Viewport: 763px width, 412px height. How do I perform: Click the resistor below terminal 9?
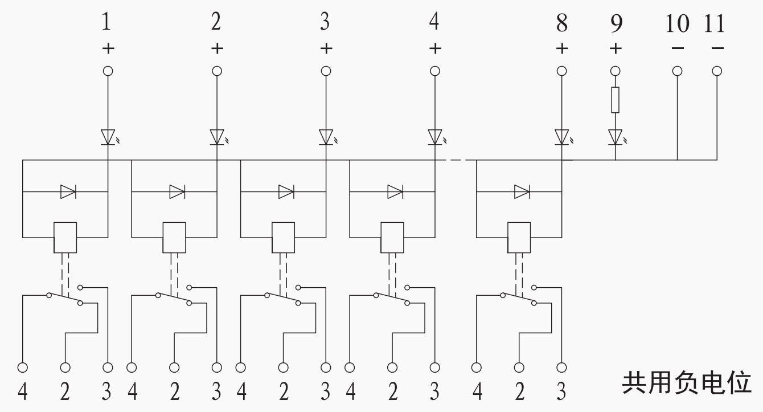[615, 100]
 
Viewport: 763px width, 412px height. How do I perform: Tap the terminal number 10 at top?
[677, 24]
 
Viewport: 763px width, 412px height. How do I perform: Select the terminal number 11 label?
[714, 24]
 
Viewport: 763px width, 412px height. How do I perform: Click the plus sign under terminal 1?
[108, 48]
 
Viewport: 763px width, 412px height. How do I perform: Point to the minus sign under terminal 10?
[678, 48]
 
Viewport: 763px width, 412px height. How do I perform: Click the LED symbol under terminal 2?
[218, 137]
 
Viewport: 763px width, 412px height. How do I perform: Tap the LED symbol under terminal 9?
[617, 137]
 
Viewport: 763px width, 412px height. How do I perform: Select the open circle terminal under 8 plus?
[561, 71]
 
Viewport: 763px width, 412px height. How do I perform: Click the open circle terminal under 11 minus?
[717, 71]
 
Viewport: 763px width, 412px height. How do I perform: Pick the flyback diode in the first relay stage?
[68, 191]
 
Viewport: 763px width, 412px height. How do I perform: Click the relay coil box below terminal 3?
[283, 238]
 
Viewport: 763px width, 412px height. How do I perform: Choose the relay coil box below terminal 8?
[519, 238]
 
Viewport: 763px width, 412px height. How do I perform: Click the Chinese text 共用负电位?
[687, 383]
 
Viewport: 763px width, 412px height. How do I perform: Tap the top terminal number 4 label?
[434, 21]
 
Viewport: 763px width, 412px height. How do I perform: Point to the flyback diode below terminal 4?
[395, 191]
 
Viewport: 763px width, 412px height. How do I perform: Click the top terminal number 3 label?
[325, 21]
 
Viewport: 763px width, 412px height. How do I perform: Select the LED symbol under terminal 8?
[563, 137]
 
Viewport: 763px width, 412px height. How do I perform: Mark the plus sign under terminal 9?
[616, 48]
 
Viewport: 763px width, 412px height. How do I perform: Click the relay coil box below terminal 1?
[65, 238]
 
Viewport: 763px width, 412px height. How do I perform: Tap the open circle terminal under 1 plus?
[108, 71]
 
